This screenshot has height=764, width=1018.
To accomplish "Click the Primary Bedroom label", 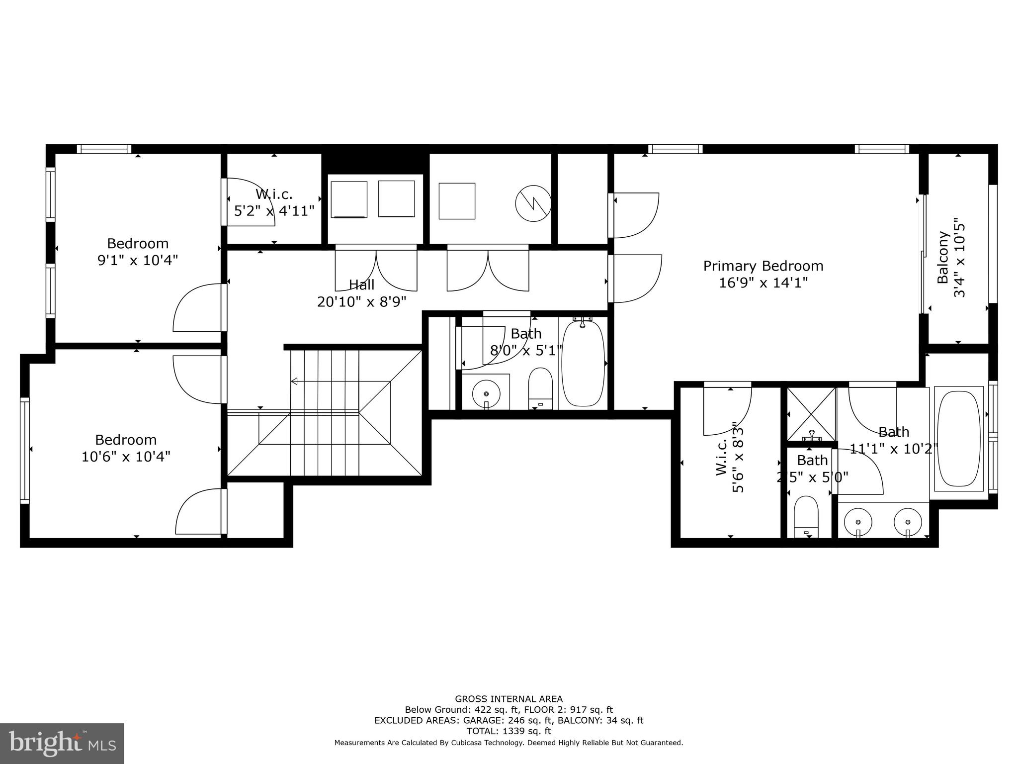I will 763,266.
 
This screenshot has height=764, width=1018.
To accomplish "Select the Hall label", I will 361,285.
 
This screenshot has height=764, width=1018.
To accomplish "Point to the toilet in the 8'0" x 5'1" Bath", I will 540,388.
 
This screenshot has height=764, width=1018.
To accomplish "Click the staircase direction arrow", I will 294,382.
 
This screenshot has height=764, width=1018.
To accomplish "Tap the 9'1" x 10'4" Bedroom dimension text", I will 138,260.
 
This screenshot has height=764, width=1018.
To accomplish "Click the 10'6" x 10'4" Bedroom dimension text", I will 126,457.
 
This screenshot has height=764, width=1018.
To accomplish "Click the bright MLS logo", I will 62,743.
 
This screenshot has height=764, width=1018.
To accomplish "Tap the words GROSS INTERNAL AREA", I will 509,699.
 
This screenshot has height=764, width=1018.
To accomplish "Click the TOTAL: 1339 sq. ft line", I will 509,731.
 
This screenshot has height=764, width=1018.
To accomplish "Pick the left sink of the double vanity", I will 858,523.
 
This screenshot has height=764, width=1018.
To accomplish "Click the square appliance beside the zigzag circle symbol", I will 457,201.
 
